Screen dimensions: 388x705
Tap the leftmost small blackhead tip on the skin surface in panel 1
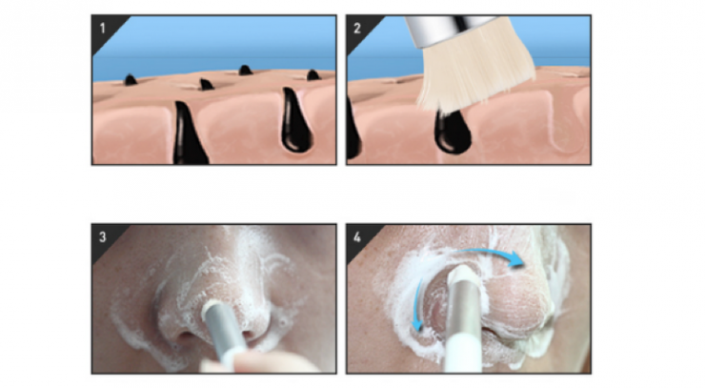pos(131,80)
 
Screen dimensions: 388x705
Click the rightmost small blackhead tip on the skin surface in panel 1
pos(312,74)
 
